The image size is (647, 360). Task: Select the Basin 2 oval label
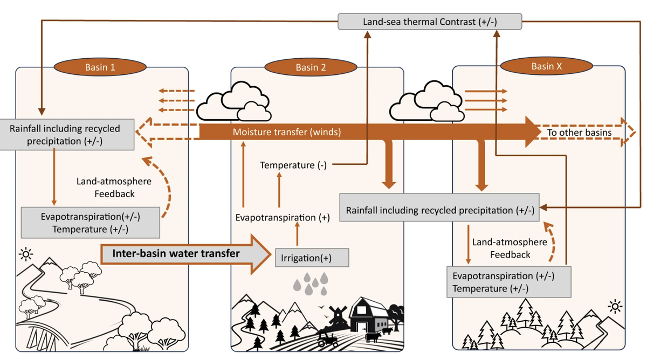coord(311,67)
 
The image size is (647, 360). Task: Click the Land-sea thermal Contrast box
coord(430,22)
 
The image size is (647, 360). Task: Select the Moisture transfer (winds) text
coord(286,131)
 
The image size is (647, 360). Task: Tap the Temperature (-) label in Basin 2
coord(293,165)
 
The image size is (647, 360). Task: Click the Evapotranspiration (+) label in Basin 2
coord(283,217)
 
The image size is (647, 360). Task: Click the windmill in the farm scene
coord(338,316)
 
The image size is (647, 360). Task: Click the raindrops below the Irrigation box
coord(313,282)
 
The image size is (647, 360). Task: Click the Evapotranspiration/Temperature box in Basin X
coord(508,282)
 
